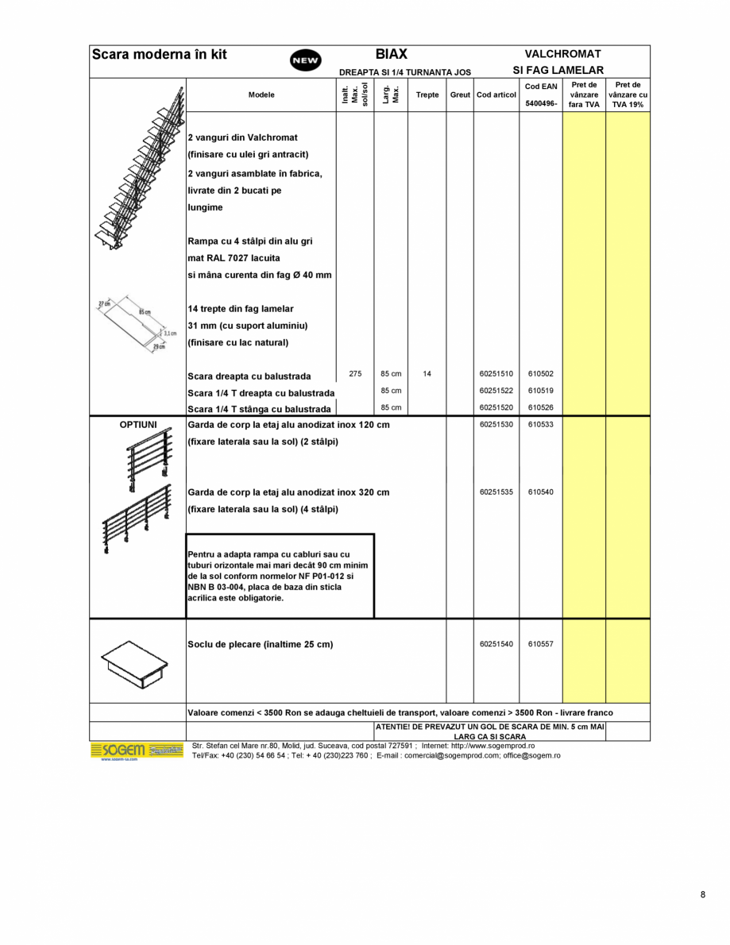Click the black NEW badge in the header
(x=306, y=60)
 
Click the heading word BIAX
(x=391, y=54)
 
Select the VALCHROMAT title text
(x=562, y=54)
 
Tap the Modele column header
(x=261, y=94)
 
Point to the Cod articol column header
(x=496, y=94)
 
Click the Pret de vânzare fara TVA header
(x=584, y=94)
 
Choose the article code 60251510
(x=496, y=373)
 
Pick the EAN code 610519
(x=541, y=390)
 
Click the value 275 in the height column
(x=355, y=373)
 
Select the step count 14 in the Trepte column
(x=427, y=373)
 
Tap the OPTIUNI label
(x=137, y=425)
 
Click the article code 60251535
(x=496, y=492)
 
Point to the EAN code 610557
(x=541, y=644)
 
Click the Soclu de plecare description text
(x=260, y=644)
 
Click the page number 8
(x=702, y=895)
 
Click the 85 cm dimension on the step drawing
(x=145, y=312)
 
